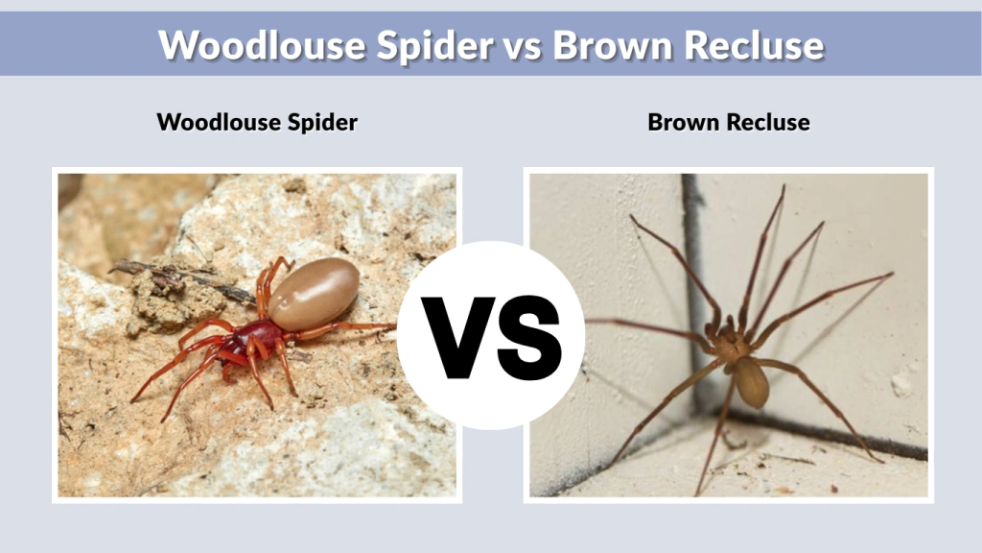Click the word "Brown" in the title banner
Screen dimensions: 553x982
click(x=609, y=45)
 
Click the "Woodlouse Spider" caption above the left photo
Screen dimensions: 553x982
click(x=257, y=123)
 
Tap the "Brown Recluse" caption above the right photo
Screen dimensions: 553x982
click(x=729, y=123)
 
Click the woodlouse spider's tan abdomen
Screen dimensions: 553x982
click(x=313, y=294)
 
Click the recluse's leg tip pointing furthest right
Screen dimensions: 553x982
click(x=891, y=275)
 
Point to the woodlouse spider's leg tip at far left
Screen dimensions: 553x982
click(x=133, y=399)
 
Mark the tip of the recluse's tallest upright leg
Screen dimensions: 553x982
click(x=783, y=187)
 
